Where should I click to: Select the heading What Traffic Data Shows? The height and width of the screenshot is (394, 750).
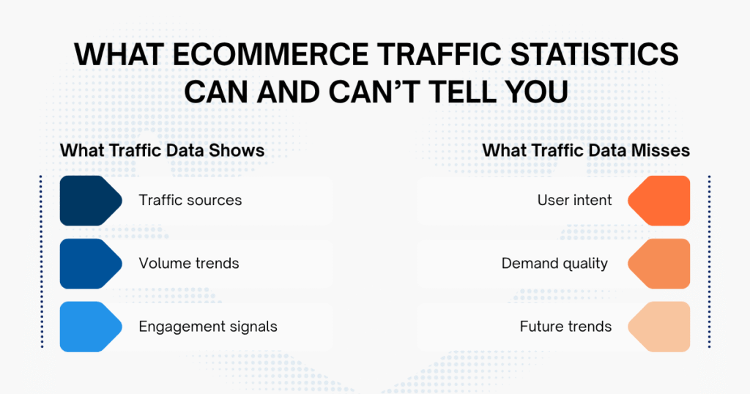coord(162,150)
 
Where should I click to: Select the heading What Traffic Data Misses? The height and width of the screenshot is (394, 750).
coord(586,150)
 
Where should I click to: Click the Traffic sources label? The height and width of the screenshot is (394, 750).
coord(190,200)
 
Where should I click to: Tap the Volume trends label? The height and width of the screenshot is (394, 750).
coord(189,263)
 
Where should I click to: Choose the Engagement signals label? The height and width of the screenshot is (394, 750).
coord(208,327)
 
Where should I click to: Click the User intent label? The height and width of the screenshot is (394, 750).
coord(574,200)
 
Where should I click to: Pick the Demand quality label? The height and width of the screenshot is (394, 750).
coord(554,263)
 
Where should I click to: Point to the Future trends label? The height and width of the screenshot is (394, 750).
coord(565,327)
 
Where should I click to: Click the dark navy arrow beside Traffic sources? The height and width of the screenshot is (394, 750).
coord(89,200)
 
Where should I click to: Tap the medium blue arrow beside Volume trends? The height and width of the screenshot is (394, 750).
coord(89,263)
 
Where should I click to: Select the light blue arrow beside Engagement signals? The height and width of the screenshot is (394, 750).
coord(89,327)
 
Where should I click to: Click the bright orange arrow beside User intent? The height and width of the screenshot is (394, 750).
coord(661,200)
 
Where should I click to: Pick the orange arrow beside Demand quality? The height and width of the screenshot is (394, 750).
coord(661,263)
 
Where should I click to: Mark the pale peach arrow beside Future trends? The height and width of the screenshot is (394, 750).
coord(661,327)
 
